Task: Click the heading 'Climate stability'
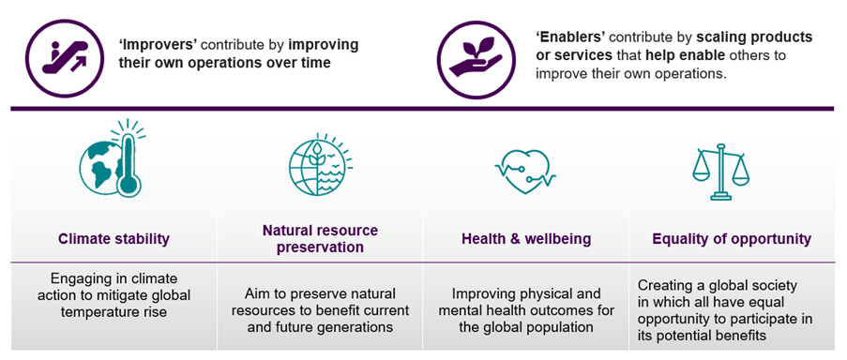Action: [113, 239]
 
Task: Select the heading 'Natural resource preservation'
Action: [320, 239]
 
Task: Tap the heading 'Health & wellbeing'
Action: [525, 239]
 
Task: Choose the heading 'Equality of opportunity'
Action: [731, 239]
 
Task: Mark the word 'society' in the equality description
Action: [786, 285]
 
